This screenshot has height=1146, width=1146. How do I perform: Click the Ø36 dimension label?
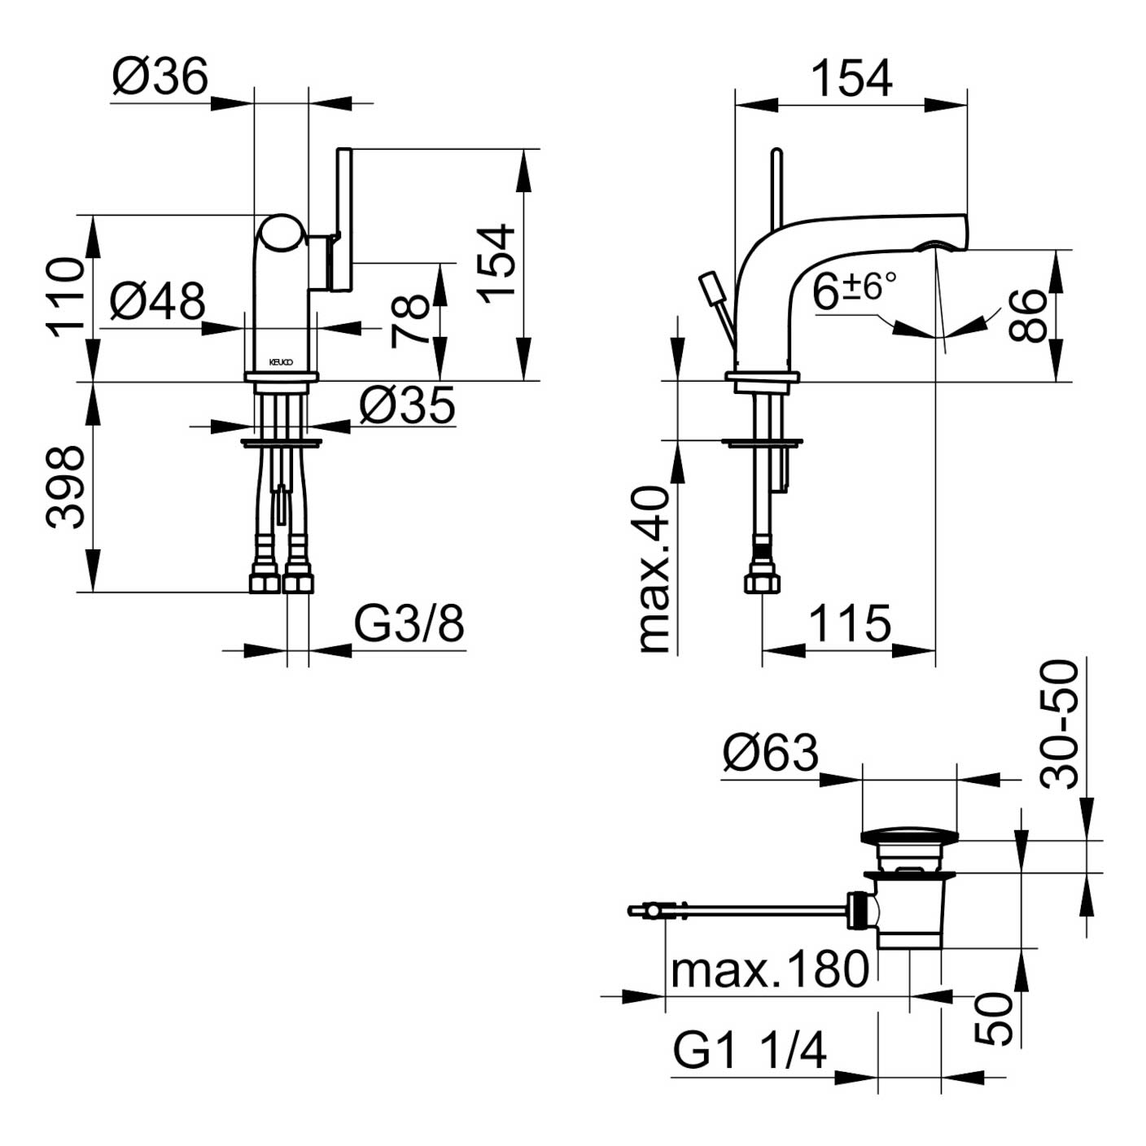(160, 77)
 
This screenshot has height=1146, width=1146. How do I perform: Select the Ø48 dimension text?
(157, 302)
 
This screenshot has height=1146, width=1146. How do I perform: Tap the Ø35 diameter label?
(406, 405)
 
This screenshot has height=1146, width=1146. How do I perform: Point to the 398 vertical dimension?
(66, 487)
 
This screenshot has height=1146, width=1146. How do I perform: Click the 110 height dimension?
(66, 297)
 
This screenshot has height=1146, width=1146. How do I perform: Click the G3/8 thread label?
(409, 624)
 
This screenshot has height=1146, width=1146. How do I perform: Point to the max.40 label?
(655, 570)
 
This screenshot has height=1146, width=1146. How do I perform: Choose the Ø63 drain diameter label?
(769, 753)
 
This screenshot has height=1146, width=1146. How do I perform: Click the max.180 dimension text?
(769, 969)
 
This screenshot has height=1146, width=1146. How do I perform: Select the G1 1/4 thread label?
(749, 1051)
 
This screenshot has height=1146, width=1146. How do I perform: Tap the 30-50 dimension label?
(1061, 724)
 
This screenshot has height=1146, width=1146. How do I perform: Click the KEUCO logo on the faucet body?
(282, 361)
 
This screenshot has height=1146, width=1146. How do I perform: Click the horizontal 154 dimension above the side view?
(851, 79)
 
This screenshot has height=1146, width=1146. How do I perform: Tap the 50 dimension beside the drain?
(995, 1018)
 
